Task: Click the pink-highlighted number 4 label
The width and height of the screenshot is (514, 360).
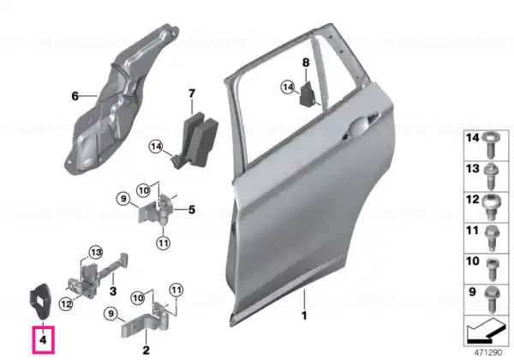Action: [44, 340]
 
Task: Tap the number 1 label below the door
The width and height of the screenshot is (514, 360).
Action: [304, 315]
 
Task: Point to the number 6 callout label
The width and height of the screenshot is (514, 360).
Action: [75, 96]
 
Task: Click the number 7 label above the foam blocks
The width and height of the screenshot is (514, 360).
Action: [192, 93]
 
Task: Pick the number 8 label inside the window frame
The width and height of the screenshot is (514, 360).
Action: [306, 63]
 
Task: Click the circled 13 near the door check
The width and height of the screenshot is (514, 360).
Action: [96, 253]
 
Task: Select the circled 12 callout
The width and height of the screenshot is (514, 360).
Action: [66, 304]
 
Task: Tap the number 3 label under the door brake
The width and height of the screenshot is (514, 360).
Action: [113, 291]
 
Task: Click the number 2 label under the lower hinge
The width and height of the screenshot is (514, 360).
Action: [146, 350]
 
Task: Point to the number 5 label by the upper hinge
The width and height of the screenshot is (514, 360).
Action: [192, 209]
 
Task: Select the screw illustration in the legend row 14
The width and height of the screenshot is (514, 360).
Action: [490, 146]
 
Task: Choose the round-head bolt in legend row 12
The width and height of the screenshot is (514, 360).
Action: [490, 207]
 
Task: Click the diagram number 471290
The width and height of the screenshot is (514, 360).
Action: [488, 352]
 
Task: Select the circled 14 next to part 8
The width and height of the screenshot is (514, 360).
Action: [288, 87]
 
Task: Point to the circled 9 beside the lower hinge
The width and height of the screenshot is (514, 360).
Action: [111, 314]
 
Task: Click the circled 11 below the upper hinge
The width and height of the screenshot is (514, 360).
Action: [164, 243]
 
